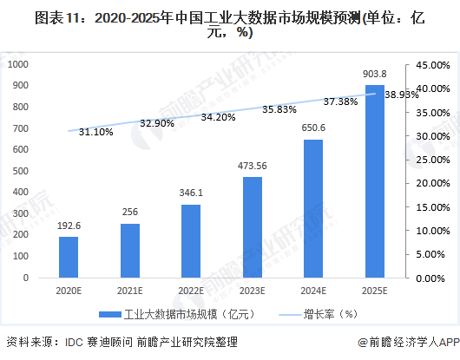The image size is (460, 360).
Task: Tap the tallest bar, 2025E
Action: (372, 181)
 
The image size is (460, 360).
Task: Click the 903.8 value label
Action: (372, 75)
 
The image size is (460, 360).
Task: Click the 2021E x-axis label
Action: (129, 291)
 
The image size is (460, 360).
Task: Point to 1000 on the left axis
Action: (19, 64)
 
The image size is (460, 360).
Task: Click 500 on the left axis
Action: (22, 171)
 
